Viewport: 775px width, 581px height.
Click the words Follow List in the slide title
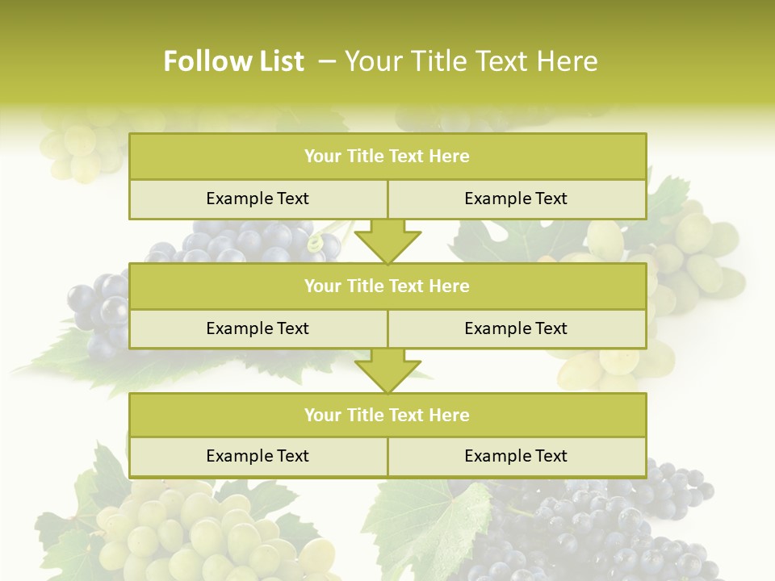pyautogui.click(x=233, y=61)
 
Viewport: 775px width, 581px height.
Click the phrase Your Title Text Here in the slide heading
pyautogui.click(x=471, y=61)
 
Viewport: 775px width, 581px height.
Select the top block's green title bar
pyautogui.click(x=387, y=157)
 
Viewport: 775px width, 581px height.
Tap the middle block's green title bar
pyautogui.click(x=387, y=286)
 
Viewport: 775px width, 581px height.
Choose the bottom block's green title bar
pyautogui.click(x=387, y=415)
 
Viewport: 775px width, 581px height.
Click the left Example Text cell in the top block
pyautogui.click(x=258, y=199)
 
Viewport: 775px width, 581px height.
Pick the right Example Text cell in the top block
pyautogui.click(x=516, y=199)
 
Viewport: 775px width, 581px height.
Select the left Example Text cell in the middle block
pyautogui.click(x=258, y=328)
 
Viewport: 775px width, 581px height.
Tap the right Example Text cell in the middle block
pyautogui.click(x=516, y=328)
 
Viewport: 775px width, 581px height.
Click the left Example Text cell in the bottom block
pyautogui.click(x=258, y=456)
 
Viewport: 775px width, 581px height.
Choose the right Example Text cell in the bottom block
pyautogui.click(x=516, y=456)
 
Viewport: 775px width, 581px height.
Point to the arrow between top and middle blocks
pyautogui.click(x=387, y=241)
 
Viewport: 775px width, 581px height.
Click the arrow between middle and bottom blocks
pyautogui.click(x=387, y=370)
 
